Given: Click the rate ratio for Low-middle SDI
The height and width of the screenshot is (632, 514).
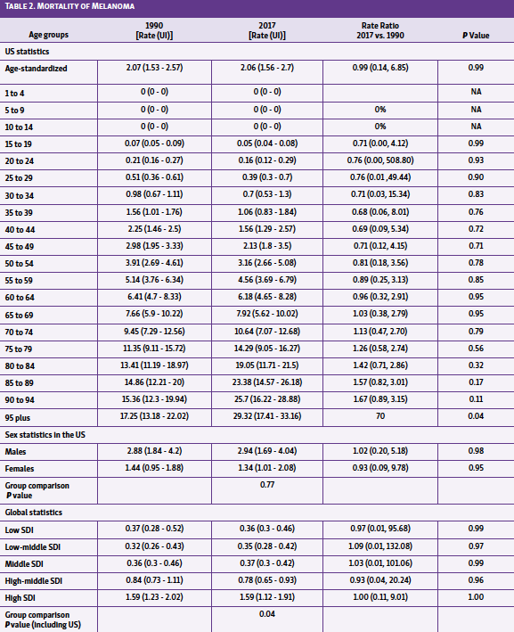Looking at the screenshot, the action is (379, 546).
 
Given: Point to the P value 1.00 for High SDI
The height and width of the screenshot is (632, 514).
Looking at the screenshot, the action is (475, 596).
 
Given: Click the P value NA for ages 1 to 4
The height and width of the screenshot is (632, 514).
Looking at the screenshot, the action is (475, 92).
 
